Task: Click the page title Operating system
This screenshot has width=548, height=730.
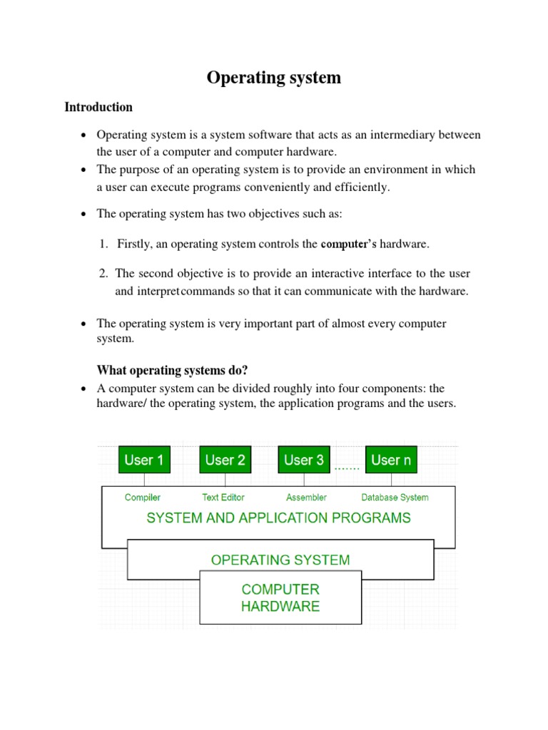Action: tap(274, 78)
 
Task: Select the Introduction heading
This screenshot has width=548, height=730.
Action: tap(98, 107)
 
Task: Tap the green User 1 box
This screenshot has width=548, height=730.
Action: tap(143, 460)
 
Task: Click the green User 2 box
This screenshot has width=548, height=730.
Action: tap(225, 460)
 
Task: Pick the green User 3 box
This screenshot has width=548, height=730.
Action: tap(304, 460)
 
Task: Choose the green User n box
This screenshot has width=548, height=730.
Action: tap(391, 460)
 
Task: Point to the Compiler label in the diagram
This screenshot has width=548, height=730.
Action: tap(143, 498)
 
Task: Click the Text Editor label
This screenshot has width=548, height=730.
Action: tap(223, 498)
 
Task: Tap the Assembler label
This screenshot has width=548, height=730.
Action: tap(306, 498)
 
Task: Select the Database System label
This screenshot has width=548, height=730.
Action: tap(395, 498)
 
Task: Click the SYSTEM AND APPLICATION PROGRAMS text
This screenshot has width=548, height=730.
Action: tap(278, 518)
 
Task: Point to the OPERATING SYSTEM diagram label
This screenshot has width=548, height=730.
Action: tap(280, 560)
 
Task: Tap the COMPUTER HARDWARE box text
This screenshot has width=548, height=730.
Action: tap(280, 598)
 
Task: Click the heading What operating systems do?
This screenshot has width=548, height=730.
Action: tap(172, 370)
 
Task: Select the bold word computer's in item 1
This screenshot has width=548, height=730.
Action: tap(348, 245)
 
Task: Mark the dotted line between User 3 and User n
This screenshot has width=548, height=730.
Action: tap(347, 468)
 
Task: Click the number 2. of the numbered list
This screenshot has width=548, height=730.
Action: tap(104, 273)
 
